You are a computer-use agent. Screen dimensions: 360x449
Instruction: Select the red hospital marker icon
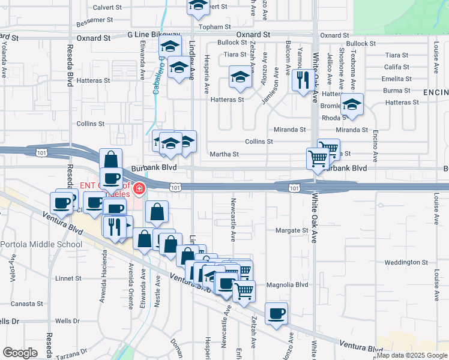[139, 189]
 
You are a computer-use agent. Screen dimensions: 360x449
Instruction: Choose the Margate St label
[291, 230]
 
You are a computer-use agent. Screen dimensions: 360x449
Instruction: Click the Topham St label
[215, 27]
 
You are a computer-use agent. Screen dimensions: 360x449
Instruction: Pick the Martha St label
[224, 154]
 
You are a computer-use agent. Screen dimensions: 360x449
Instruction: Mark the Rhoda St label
[330, 118]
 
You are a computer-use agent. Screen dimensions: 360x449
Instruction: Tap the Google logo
[20, 353]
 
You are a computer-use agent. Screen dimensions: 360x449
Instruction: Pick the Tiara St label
[232, 55]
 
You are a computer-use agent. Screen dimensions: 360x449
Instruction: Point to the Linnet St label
[68, 278]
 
